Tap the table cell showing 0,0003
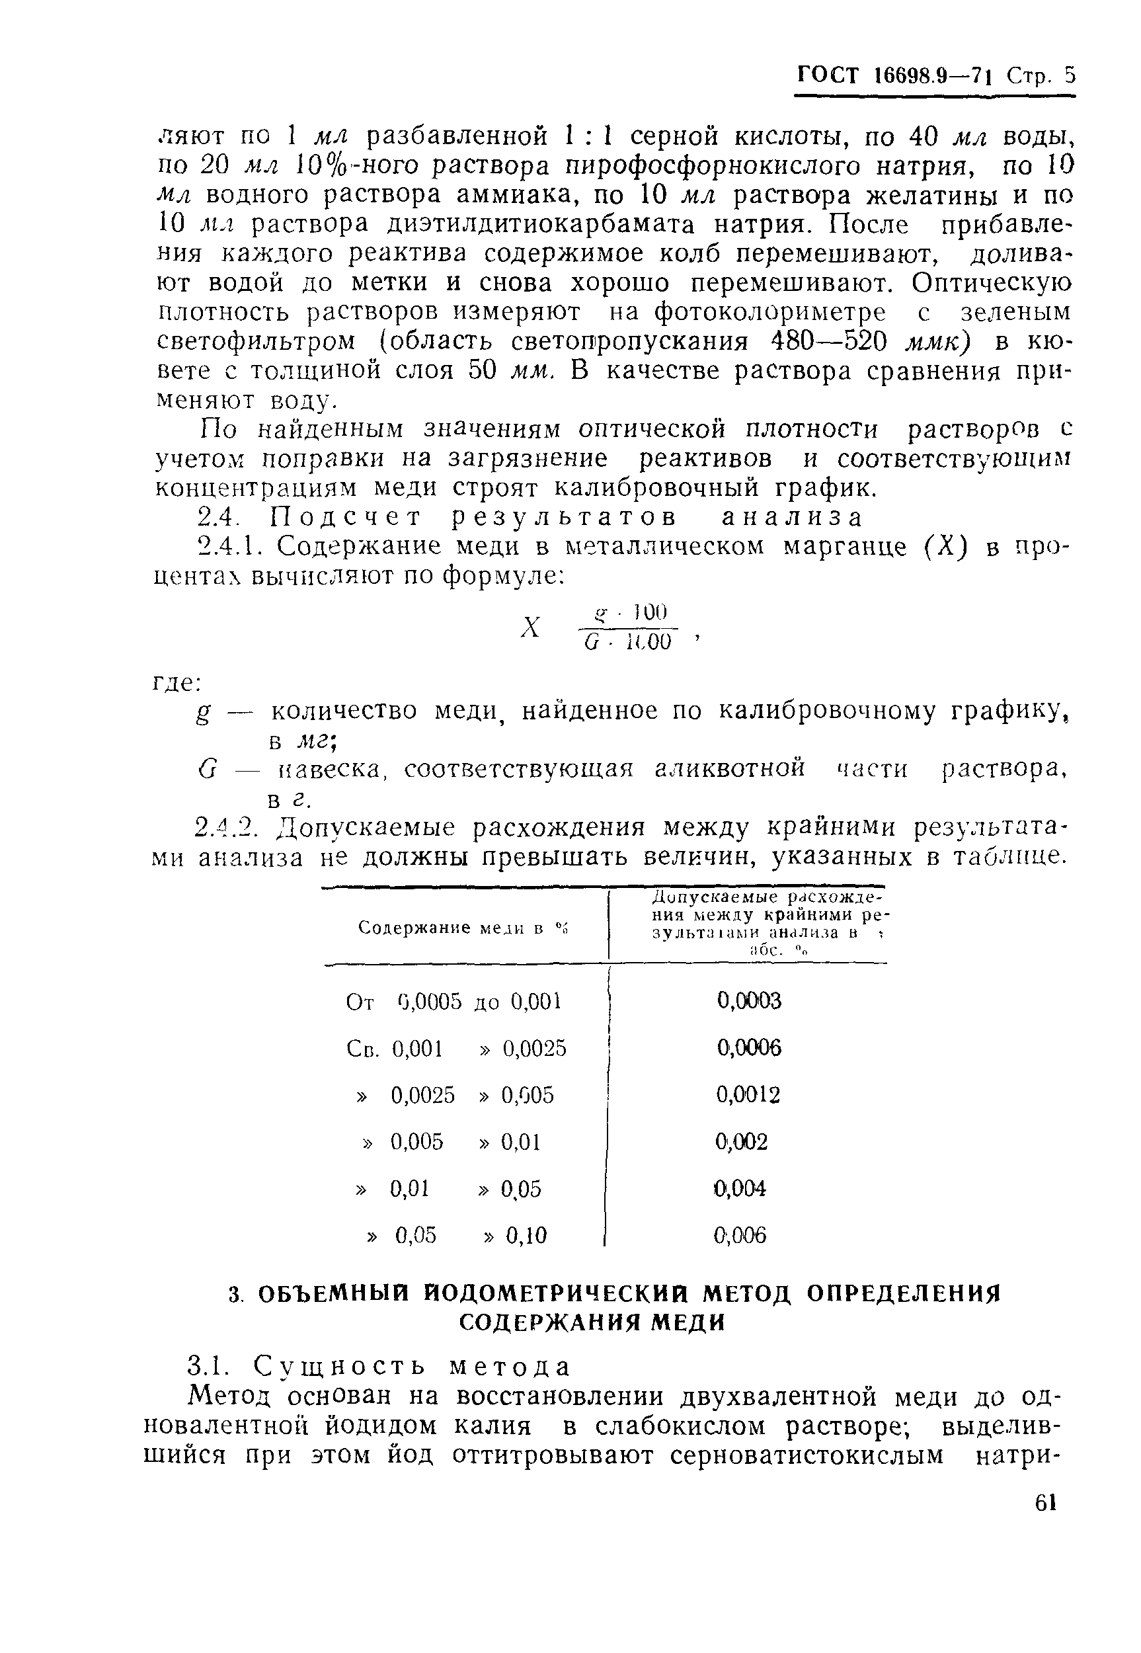(748, 1001)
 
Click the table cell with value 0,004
(740, 1188)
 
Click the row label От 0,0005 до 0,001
(454, 1002)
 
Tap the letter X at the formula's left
(530, 627)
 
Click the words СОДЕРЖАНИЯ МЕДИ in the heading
(591, 1324)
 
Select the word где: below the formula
(177, 684)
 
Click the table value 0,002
(741, 1142)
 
